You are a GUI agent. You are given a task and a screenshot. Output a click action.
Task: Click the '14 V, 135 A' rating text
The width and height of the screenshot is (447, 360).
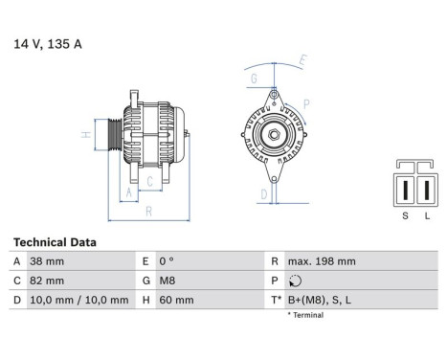46,43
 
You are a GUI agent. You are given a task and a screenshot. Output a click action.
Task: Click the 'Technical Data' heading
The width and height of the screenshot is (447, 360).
55,242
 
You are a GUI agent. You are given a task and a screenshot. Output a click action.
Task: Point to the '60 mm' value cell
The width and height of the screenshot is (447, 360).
176,300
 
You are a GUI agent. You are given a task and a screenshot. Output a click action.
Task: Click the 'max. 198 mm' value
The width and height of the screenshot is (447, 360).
322,261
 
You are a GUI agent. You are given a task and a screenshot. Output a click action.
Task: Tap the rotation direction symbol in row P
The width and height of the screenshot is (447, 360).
293,281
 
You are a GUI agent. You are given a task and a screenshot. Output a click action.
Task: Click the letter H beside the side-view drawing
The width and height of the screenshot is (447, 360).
85,135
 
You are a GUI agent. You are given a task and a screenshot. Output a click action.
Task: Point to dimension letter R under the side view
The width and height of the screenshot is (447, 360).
148,211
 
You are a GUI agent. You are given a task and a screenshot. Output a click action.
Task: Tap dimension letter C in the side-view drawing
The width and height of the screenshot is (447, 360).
149,179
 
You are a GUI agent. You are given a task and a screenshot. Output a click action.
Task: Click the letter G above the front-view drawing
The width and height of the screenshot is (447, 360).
254,78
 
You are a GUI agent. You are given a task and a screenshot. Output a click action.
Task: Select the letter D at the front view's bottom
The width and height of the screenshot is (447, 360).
264,193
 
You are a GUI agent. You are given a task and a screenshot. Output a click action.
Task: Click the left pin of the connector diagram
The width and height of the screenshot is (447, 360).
404,190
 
